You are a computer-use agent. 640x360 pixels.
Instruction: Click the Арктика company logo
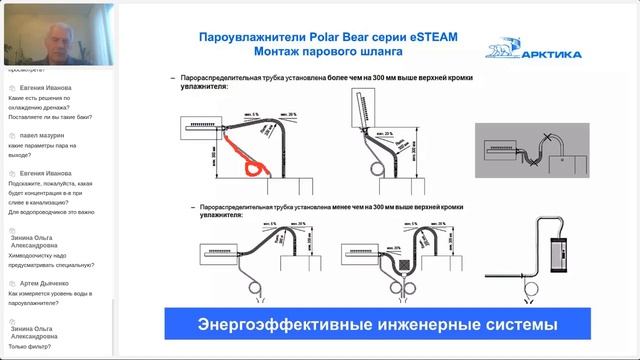pyautogui.click(x=518, y=50)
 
